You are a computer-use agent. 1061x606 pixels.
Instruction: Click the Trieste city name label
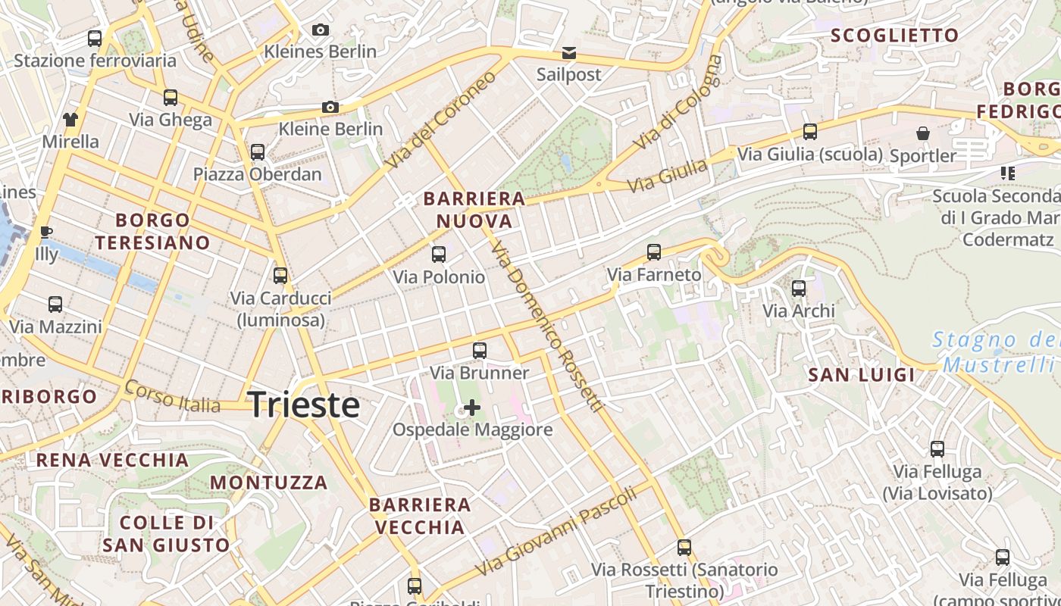304,405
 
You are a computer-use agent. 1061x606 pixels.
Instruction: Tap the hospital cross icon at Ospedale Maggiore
471,408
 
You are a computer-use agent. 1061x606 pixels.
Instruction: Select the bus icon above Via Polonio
439,255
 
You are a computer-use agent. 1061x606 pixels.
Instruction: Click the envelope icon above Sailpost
568,53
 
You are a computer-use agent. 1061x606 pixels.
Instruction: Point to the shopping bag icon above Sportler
923,133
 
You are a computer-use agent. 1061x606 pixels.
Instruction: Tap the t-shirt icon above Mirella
70,119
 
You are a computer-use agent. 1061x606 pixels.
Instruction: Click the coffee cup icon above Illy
45,232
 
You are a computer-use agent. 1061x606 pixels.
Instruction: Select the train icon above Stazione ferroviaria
95,38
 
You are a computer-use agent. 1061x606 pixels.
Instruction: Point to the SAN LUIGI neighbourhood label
862,375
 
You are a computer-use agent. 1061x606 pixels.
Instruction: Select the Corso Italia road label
174,397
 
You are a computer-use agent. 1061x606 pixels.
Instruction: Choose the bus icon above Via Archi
799,289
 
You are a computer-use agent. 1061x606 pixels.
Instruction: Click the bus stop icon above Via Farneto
654,252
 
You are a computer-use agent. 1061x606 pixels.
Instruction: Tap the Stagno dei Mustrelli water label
996,352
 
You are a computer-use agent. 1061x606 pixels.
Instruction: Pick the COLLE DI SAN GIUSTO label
166,534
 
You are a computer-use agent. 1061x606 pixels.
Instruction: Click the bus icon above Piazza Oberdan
258,151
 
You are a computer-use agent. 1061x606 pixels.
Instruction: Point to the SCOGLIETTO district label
895,36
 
